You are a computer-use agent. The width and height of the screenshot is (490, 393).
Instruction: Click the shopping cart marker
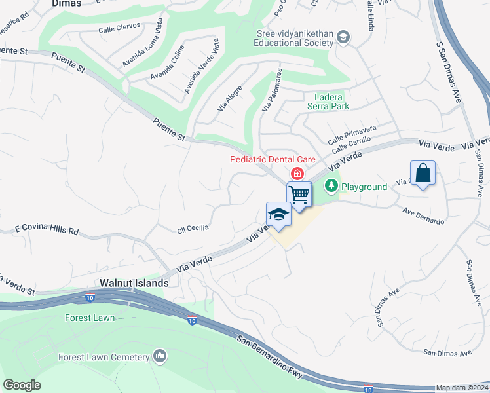pos(299,195)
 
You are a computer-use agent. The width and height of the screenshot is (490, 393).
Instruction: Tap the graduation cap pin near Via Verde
pos(278,215)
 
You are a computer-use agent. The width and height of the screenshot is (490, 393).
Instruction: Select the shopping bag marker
pos(423,174)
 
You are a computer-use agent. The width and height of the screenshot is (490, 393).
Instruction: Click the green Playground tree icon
pos(332,187)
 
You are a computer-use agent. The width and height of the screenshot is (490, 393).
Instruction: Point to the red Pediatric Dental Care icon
pos(297,173)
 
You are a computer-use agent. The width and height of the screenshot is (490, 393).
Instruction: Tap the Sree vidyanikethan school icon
pos(343,37)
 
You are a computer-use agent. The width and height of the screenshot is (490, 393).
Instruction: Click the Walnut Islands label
pos(134,284)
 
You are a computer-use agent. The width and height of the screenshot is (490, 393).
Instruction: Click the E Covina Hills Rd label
pos(47,231)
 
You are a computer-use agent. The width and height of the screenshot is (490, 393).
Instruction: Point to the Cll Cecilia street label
pos(193,228)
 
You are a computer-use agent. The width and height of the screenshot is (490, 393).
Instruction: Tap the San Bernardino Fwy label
pos(271,356)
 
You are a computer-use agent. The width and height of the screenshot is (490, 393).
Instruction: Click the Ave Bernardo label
pos(424,217)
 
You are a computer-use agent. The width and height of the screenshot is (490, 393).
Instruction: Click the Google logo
pos(22,385)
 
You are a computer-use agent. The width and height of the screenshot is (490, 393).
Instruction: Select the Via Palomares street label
pos(272,90)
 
